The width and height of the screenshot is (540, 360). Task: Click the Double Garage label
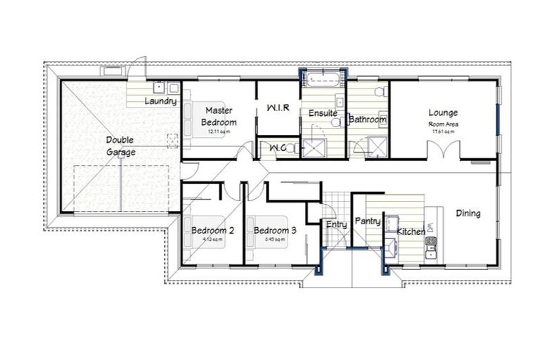click(121, 145)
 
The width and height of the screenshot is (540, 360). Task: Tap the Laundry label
click(160, 101)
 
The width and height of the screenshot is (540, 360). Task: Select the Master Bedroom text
click(219, 116)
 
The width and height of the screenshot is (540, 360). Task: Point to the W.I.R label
click(278, 108)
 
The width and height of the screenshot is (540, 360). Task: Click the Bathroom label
click(369, 120)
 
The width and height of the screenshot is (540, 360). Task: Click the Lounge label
click(443, 112)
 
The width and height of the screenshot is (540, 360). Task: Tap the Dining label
click(468, 213)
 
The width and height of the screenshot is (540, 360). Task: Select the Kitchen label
click(411, 231)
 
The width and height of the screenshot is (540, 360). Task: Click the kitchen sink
click(431, 247)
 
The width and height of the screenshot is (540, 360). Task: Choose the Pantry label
click(368, 221)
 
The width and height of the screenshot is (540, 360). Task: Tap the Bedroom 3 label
click(275, 231)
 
